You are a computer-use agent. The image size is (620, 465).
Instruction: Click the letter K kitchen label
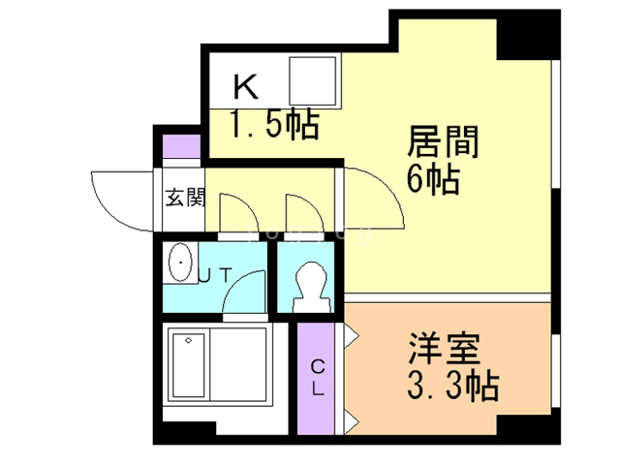pyautogui.click(x=245, y=88)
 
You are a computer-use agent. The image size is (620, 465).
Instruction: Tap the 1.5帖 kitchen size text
pyautogui.click(x=274, y=125)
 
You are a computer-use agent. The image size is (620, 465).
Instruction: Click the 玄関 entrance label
pyautogui.click(x=183, y=200)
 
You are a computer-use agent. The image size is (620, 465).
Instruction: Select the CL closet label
pyautogui.click(x=318, y=378)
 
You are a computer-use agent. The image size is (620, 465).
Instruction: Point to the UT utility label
pyautogui.click(x=214, y=275)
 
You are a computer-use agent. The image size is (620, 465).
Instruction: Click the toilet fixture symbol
pyautogui.click(x=311, y=286)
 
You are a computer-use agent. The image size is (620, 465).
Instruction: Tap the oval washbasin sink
pyautogui.click(x=180, y=263)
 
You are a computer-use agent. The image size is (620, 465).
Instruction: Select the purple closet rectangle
pyautogui.click(x=318, y=378)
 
